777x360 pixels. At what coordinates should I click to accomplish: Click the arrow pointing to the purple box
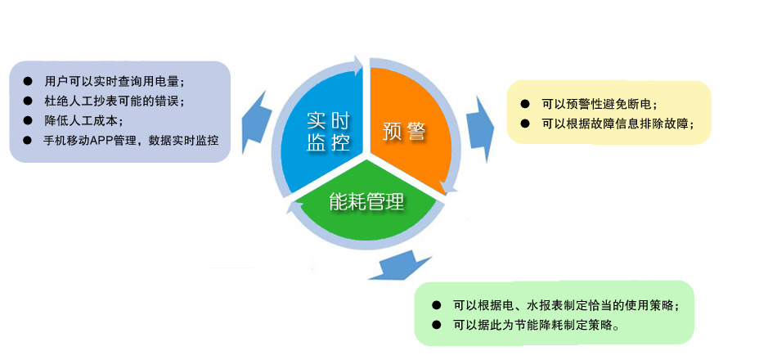coord(255,120)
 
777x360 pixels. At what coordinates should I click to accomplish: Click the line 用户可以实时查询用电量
coord(115,81)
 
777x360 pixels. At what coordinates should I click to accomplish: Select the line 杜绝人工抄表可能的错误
coord(115,101)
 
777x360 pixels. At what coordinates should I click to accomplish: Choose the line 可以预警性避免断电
coord(600,104)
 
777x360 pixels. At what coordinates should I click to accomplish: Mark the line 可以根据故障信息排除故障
coord(618,124)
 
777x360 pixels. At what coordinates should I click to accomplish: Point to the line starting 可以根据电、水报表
coord(565,305)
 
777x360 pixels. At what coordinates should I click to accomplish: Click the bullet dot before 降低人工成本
coord(28,120)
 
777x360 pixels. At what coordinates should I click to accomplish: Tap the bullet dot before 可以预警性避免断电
coord(525,104)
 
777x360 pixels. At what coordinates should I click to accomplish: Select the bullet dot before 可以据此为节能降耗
coord(436,326)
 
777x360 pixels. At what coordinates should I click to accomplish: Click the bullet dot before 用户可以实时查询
coord(28,81)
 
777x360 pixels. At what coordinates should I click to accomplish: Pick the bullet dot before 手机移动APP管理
coord(28,141)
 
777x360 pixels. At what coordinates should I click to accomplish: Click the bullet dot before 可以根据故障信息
coord(525,124)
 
